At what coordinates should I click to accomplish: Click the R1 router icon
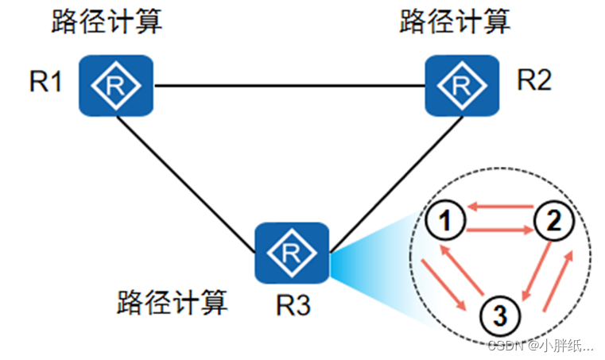point(115,84)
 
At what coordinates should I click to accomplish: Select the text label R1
point(46,83)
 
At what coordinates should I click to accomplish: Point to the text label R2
point(533,80)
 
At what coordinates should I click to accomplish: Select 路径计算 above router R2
point(454,21)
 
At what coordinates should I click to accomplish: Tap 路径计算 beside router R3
point(172,302)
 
